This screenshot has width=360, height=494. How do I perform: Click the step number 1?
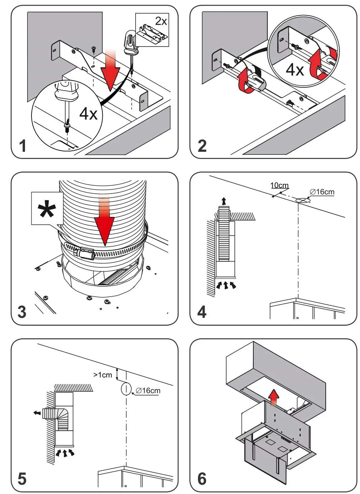pyautogui.click(x=23, y=146)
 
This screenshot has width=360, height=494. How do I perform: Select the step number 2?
pyautogui.click(x=202, y=146)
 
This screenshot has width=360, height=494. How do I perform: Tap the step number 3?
pyautogui.click(x=22, y=312)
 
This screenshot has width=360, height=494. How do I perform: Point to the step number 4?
pyautogui.click(x=202, y=312)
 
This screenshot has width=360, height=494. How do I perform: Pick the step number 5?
pyautogui.click(x=22, y=479)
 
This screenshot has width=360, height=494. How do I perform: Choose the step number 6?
pyautogui.click(x=202, y=479)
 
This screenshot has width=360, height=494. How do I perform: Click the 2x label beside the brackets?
pyautogui.click(x=161, y=21)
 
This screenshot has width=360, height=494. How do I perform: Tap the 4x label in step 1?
pyautogui.click(x=88, y=114)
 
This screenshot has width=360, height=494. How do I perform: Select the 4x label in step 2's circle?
pyautogui.click(x=295, y=69)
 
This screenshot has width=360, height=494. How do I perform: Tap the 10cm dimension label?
pyautogui.click(x=279, y=185)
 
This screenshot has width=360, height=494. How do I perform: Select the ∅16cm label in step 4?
pyautogui.click(x=322, y=192)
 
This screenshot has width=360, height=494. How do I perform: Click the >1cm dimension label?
pyautogui.click(x=103, y=375)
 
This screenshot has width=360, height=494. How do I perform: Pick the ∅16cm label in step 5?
pyautogui.click(x=148, y=391)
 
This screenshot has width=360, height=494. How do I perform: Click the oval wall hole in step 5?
pyautogui.click(x=126, y=389)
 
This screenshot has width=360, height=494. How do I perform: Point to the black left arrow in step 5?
pyautogui.click(x=37, y=413)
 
